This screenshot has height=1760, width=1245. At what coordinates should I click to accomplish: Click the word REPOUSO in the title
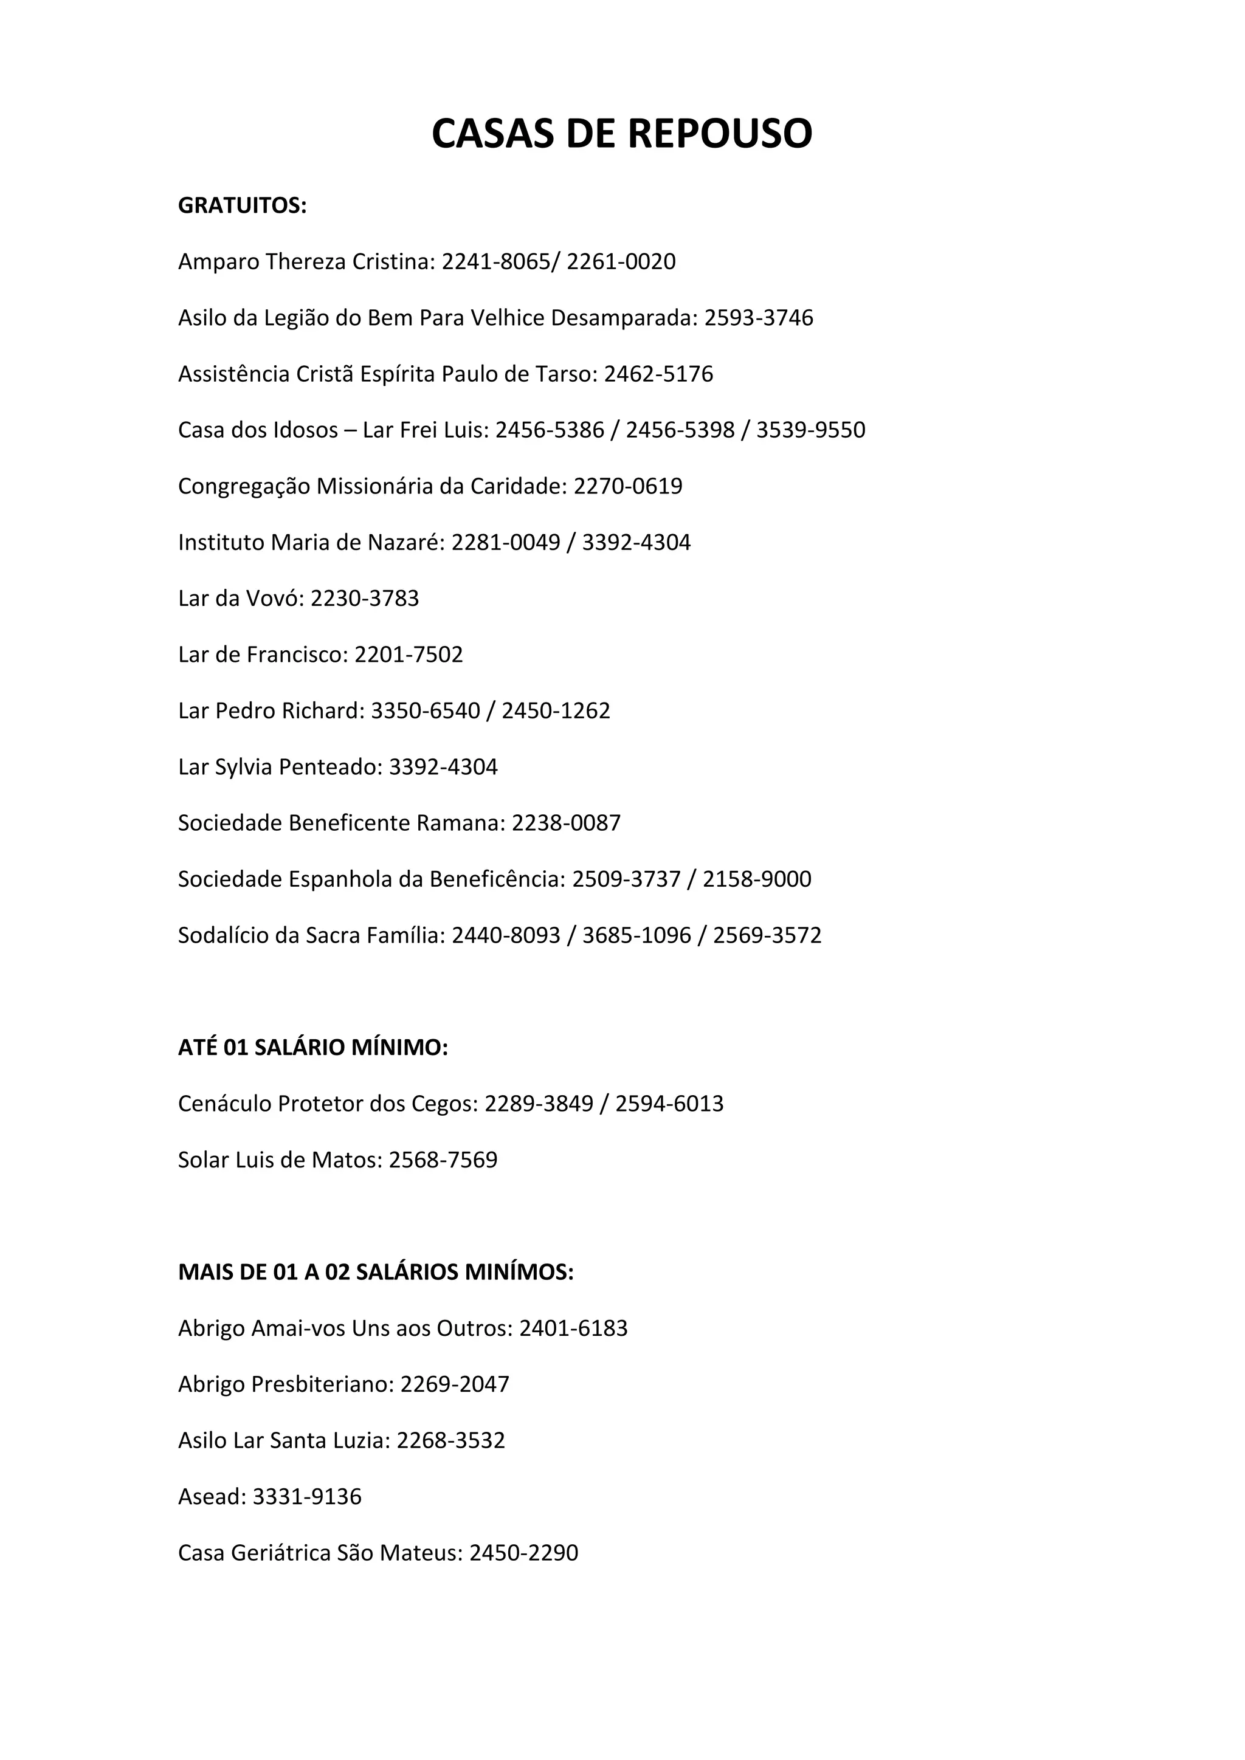(x=720, y=134)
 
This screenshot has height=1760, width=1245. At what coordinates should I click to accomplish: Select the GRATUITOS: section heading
(x=243, y=206)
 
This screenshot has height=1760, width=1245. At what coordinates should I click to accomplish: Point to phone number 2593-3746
(x=758, y=318)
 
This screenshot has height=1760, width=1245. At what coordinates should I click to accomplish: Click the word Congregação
(x=244, y=487)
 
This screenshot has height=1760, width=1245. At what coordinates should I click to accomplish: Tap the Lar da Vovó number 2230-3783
(x=364, y=599)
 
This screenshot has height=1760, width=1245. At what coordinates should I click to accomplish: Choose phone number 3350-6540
(x=426, y=710)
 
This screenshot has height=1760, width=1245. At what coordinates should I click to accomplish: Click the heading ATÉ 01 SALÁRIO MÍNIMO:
(x=313, y=1048)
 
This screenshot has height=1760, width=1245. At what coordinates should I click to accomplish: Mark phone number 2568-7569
(x=443, y=1160)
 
